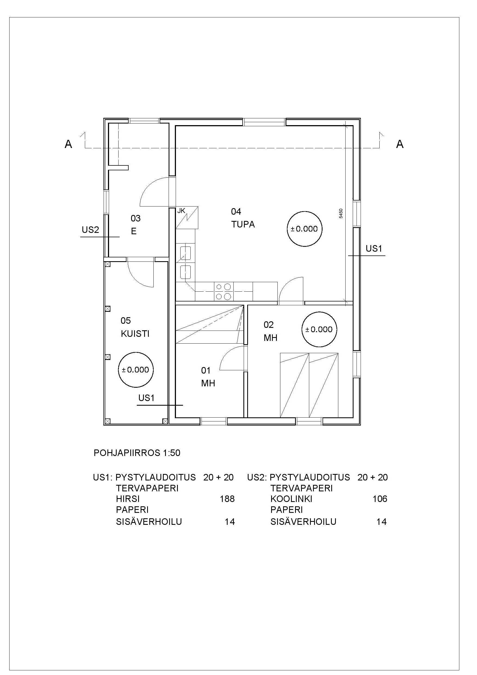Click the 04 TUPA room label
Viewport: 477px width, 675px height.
click(243, 218)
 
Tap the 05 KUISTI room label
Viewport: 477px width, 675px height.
click(135, 327)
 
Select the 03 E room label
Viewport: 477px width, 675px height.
click(135, 225)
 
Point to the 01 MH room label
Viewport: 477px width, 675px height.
click(208, 377)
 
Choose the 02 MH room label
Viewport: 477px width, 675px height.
click(270, 331)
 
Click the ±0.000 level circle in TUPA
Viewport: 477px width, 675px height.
click(304, 229)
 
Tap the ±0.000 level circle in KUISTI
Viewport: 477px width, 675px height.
click(135, 369)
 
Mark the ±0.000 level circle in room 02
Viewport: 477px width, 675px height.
click(319, 329)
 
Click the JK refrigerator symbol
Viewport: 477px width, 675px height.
click(187, 218)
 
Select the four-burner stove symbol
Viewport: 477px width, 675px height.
click(223, 291)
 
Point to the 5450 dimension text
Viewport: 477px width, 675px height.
click(341, 213)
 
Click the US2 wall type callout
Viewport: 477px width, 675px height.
click(90, 230)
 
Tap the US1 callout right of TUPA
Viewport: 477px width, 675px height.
click(374, 248)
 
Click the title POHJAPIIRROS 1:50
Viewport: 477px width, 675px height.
click(137, 453)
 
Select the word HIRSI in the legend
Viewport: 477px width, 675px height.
click(128, 499)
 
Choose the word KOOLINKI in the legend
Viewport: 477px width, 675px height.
click(291, 499)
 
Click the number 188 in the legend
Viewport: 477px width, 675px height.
click(227, 499)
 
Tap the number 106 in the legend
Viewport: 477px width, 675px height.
click(380, 499)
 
